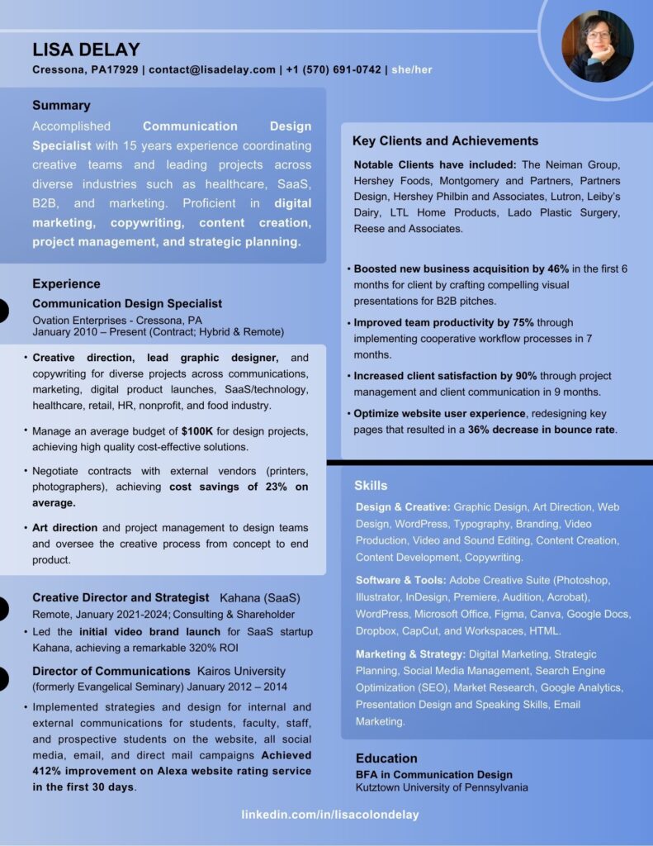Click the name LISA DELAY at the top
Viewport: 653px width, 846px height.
86,50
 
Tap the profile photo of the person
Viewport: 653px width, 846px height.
597,46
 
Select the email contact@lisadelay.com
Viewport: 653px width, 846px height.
212,70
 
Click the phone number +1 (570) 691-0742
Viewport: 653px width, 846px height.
334,70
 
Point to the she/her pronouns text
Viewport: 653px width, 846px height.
412,70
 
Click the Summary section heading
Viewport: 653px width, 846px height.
61,106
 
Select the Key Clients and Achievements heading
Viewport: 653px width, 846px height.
445,141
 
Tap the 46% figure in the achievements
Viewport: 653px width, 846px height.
558,269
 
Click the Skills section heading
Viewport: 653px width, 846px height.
371,486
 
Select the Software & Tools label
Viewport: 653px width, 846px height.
401,580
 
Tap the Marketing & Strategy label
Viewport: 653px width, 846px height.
410,654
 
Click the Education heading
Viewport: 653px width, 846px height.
386,758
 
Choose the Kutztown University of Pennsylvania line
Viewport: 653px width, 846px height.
442,787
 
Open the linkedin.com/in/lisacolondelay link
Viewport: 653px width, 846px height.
329,815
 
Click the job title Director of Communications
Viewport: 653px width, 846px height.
111,671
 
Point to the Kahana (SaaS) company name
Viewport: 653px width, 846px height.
260,597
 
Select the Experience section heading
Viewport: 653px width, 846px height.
66,284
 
